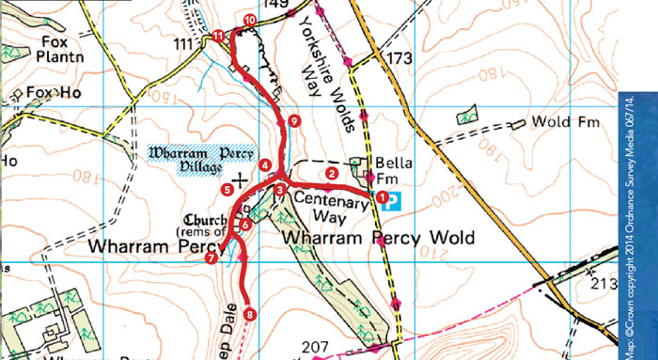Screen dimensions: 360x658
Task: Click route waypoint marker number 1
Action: [382, 197]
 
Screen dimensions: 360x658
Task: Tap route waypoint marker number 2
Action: [331, 173]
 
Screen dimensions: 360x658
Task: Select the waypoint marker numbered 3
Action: [279, 192]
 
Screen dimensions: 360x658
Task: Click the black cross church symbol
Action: [241, 177]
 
